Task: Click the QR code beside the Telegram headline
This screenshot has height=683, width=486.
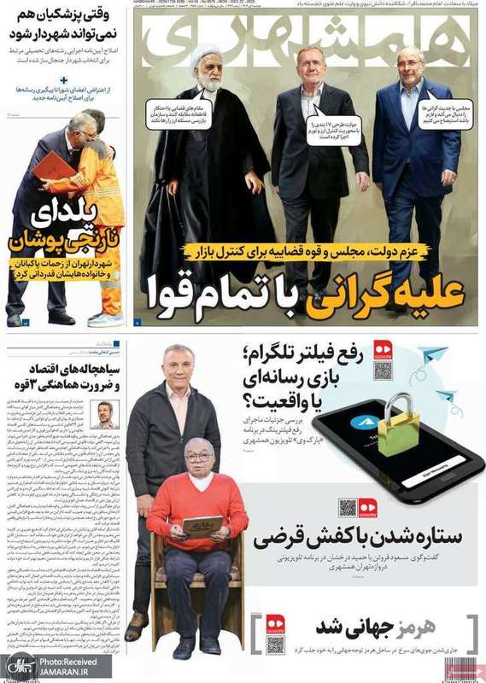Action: (x=382, y=371)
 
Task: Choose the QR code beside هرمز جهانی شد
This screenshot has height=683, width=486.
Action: (x=274, y=644)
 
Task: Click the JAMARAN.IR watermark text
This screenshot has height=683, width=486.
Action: (x=72, y=671)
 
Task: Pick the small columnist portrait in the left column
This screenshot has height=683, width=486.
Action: (x=105, y=416)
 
